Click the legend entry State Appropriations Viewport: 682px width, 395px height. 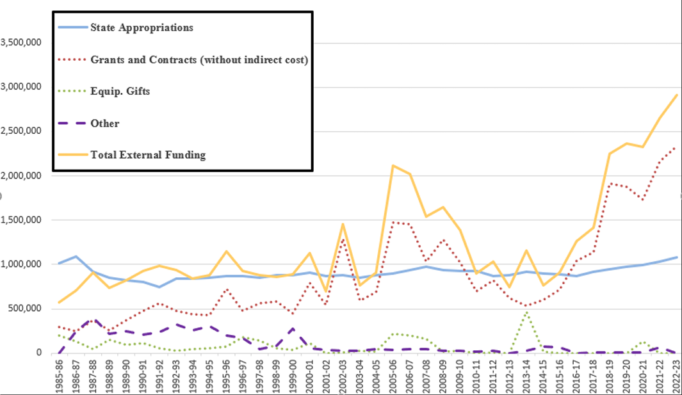click(x=142, y=28)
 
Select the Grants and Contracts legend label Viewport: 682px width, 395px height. click(x=199, y=60)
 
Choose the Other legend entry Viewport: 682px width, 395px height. click(x=104, y=123)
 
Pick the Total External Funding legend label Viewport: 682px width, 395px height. click(x=148, y=154)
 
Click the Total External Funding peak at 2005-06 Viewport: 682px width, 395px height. click(x=393, y=165)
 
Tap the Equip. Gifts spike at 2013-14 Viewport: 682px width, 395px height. click(x=526, y=312)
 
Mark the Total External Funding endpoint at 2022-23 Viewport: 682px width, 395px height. click(x=676, y=95)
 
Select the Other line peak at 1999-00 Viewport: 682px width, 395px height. click(x=293, y=328)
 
